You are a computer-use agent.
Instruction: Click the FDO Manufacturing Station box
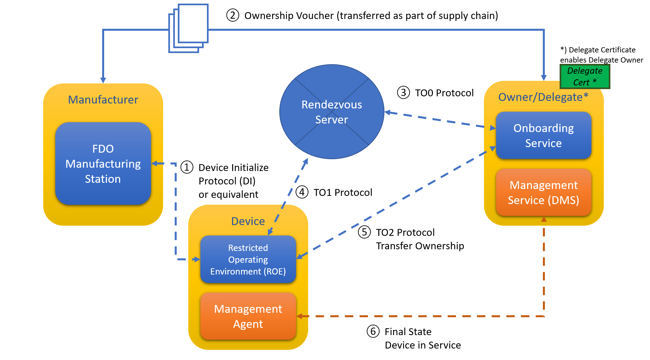(103, 163)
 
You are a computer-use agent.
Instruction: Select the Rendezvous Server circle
(331, 112)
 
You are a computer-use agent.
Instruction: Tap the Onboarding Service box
(543, 135)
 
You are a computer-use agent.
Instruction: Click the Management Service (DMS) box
(543, 192)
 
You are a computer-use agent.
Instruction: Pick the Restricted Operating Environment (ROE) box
(248, 259)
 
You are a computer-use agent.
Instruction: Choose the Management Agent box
(248, 316)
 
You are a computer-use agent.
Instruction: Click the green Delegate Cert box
(585, 76)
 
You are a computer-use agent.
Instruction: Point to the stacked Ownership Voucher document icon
(189, 28)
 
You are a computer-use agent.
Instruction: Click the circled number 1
(187, 167)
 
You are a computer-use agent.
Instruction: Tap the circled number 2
(232, 15)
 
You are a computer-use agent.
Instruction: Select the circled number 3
(403, 92)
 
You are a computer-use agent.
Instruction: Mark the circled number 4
(302, 192)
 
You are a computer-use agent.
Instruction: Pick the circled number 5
(364, 232)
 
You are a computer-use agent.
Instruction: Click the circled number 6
(373, 331)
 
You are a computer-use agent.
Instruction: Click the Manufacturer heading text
(103, 100)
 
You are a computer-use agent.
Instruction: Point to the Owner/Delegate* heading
(543, 97)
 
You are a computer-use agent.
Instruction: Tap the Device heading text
(248, 221)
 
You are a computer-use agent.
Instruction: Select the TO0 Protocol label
(444, 93)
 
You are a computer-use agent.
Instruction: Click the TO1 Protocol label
(343, 192)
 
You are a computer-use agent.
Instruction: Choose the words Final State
(408, 332)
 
